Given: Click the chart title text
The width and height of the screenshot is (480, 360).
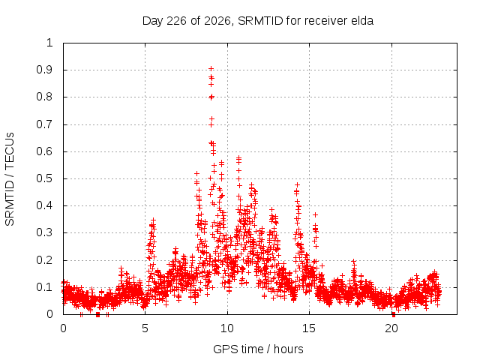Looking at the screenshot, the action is [x=258, y=21].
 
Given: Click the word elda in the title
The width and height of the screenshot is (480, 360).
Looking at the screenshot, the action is [x=363, y=21].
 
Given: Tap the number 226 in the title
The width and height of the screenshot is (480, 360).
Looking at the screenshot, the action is [x=176, y=21].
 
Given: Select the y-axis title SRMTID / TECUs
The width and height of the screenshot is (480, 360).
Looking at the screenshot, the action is [x=10, y=179].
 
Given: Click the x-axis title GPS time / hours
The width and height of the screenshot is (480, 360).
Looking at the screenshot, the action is [x=258, y=349].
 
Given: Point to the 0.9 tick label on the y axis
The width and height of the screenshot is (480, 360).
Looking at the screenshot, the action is [x=44, y=70].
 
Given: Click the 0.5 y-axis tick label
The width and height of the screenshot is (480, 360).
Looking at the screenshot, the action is [x=44, y=178].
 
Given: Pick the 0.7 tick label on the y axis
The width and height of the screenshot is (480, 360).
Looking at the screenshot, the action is [x=44, y=124].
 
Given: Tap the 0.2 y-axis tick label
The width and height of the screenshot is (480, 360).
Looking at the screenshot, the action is [x=44, y=260].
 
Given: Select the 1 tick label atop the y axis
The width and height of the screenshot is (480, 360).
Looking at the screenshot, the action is [x=50, y=43].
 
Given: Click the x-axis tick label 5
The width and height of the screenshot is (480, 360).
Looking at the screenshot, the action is [x=145, y=328].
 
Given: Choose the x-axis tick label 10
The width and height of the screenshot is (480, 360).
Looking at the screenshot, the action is [x=227, y=328].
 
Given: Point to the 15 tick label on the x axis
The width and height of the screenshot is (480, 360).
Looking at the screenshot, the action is [x=309, y=328].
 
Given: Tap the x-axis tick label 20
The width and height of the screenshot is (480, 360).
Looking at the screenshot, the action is [x=391, y=328].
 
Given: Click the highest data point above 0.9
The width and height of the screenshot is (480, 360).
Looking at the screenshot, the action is [x=211, y=68].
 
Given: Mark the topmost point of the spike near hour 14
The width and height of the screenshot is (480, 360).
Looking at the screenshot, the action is [x=297, y=185].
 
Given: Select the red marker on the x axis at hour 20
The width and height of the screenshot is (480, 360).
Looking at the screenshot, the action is [x=394, y=314].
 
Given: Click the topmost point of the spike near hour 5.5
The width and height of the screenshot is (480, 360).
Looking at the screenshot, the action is [x=153, y=220].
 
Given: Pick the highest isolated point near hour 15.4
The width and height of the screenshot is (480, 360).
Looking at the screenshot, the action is [x=315, y=215].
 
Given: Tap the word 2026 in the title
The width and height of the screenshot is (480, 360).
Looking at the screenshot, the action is [x=217, y=21].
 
